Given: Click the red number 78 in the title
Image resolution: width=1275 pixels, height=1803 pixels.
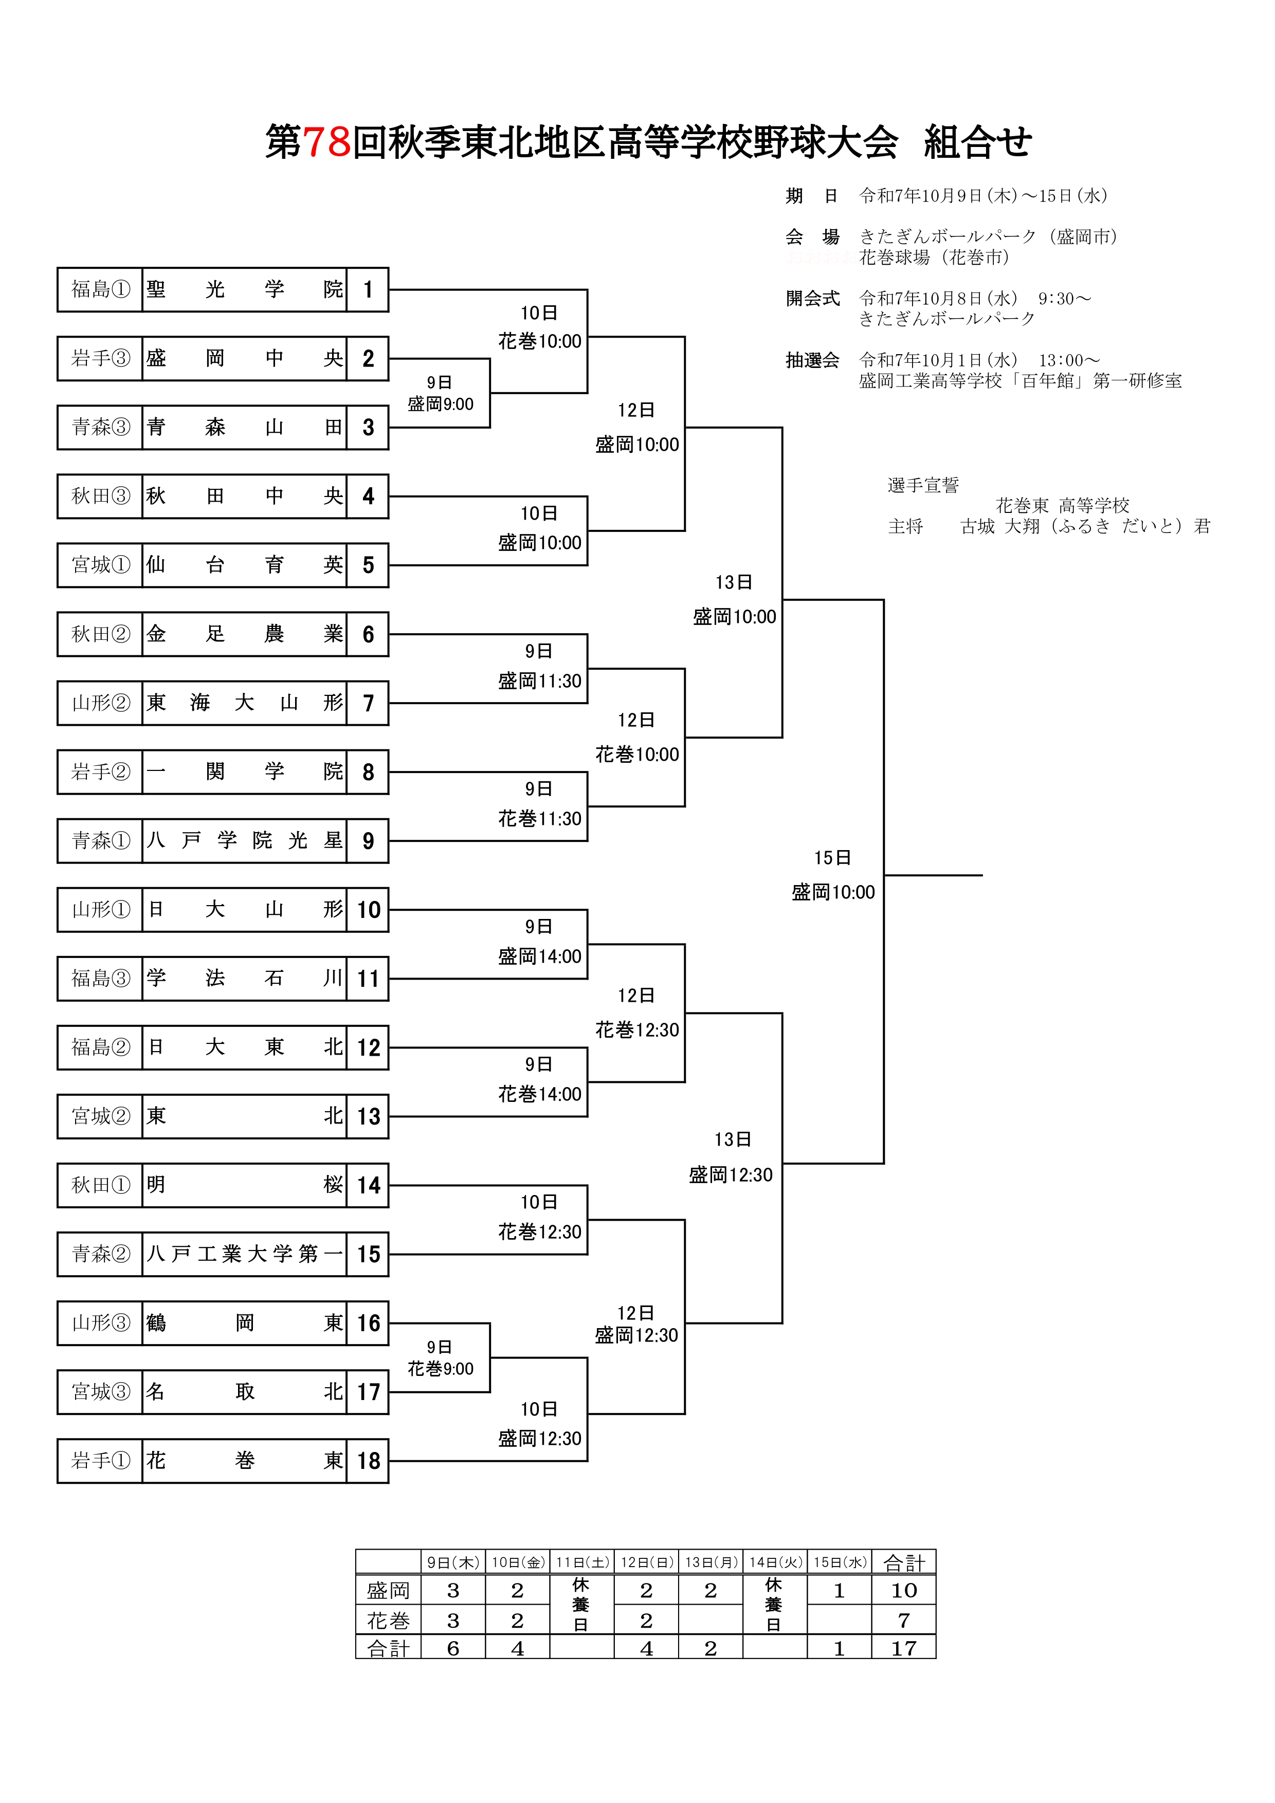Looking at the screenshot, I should pyautogui.click(x=326, y=142).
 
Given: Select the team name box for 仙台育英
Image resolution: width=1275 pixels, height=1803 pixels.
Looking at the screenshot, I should pyautogui.click(x=244, y=565).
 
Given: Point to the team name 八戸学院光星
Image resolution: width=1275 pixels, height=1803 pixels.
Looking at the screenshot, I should pyautogui.click(x=244, y=840).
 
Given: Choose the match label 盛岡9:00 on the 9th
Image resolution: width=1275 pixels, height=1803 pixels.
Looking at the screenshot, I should pyautogui.click(x=440, y=404).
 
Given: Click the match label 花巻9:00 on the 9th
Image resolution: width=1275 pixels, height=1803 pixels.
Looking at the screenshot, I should pyautogui.click(x=440, y=1369).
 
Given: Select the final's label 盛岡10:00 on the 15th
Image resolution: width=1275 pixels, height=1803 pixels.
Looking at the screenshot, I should pyautogui.click(x=833, y=892).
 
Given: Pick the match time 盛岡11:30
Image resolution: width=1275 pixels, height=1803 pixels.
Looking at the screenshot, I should pyautogui.click(x=540, y=681).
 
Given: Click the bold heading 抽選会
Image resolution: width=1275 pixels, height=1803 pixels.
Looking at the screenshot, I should pyautogui.click(x=812, y=360).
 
